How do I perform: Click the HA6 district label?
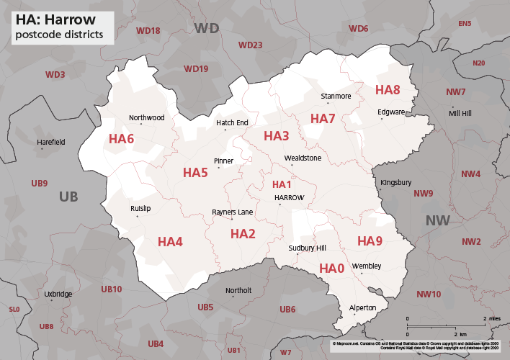[121, 138]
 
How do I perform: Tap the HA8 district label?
[388, 90]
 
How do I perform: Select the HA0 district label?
[331, 269]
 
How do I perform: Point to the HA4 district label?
[170, 241]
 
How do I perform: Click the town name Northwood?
[147, 117]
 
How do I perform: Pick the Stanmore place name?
[336, 96]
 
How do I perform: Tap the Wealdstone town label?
[303, 158]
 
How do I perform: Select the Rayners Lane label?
[232, 212]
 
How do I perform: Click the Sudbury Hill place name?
[302, 248]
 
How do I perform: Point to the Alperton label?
[362, 307]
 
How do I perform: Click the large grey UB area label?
[69, 197]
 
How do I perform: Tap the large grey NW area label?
[439, 220]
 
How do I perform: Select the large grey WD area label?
[207, 28]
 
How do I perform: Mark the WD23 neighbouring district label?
[250, 45]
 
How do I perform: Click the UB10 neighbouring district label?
[112, 289]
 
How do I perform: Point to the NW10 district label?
[429, 294]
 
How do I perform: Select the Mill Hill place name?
[461, 114]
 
